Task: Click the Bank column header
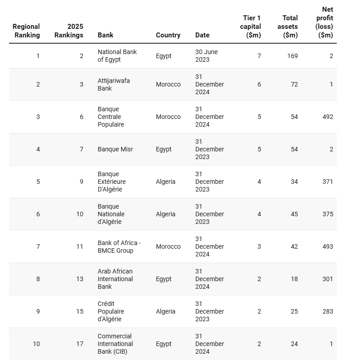coord(105,35)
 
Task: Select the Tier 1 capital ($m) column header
coord(252,27)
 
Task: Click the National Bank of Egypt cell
coord(117,56)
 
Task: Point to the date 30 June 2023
coord(206,56)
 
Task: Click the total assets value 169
coord(292,56)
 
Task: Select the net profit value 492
coord(328,117)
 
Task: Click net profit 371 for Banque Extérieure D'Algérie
coord(328,182)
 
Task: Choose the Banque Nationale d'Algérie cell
coord(111,214)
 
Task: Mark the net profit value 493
coord(328,246)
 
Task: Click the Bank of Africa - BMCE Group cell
coord(119,246)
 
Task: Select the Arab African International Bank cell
coord(115,279)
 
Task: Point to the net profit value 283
coord(328,311)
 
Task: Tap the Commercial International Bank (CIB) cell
coord(115,344)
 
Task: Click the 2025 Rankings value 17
coord(80,344)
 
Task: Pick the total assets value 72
coord(294,84)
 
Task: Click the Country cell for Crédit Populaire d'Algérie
coord(165,311)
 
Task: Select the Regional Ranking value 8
coord(38,279)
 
